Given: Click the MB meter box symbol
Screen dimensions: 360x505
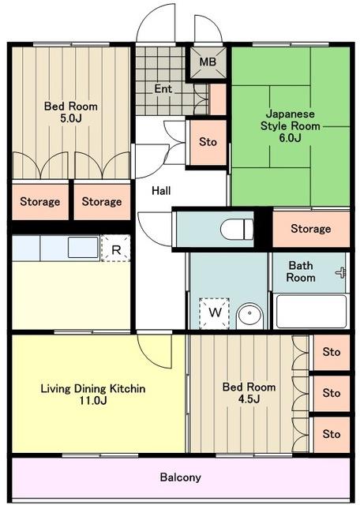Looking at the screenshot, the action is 208,62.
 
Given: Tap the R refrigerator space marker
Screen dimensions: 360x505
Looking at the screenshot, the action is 116,249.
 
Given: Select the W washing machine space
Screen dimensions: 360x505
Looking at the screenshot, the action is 215,312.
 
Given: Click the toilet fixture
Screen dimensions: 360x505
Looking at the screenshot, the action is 237,229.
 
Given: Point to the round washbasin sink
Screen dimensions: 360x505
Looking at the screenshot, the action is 249,316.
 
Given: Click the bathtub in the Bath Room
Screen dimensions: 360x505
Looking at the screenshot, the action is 311,312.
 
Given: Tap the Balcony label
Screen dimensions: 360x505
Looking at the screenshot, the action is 181,477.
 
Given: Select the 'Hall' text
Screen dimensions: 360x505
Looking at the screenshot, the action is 161,191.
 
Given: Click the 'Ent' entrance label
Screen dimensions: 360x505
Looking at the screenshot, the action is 163,88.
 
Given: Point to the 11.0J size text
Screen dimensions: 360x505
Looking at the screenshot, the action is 93,401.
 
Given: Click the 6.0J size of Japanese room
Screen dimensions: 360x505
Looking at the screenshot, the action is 290,138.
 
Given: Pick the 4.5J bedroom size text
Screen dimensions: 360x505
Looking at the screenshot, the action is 249,399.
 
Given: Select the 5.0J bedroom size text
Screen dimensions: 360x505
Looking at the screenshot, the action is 71,118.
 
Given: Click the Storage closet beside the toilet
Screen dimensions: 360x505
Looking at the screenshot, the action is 311,228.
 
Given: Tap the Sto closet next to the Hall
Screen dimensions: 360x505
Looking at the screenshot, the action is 208,142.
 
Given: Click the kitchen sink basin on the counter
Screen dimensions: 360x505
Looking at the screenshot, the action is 83,247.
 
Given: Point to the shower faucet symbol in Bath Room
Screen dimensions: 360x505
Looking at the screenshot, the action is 341,273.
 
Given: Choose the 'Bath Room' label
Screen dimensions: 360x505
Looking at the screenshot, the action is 301,271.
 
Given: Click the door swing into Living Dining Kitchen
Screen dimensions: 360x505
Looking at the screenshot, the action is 154,350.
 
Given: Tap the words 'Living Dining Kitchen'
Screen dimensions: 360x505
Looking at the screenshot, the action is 93,389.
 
